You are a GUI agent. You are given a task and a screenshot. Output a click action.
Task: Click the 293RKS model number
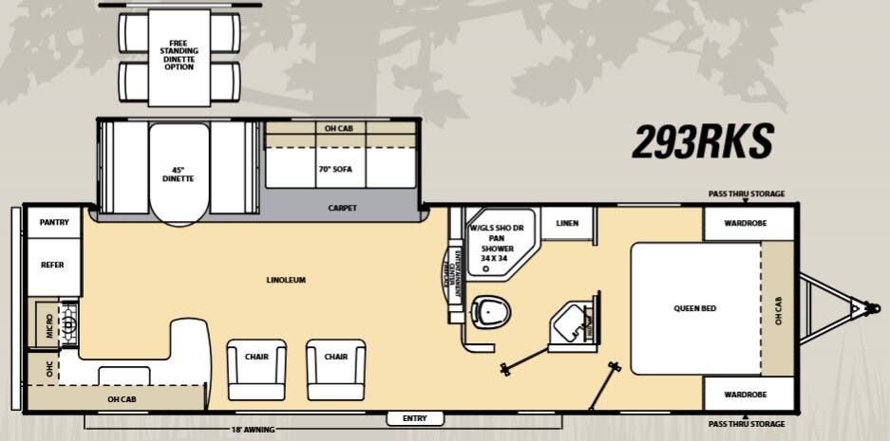click(x=703, y=141)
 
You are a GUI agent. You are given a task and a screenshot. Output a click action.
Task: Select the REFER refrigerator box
click(x=52, y=266)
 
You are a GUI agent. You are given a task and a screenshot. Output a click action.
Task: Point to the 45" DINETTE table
click(x=178, y=175)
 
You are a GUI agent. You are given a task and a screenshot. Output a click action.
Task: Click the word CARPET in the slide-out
click(x=342, y=208)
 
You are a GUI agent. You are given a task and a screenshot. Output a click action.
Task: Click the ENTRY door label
click(x=415, y=418)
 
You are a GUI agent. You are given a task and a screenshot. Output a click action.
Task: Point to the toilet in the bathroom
click(x=490, y=309)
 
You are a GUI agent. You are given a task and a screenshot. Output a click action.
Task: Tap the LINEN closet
click(x=567, y=223)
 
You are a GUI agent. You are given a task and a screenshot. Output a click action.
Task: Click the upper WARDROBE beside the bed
click(x=748, y=225)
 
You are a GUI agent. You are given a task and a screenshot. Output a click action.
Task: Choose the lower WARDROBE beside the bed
click(x=748, y=393)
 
